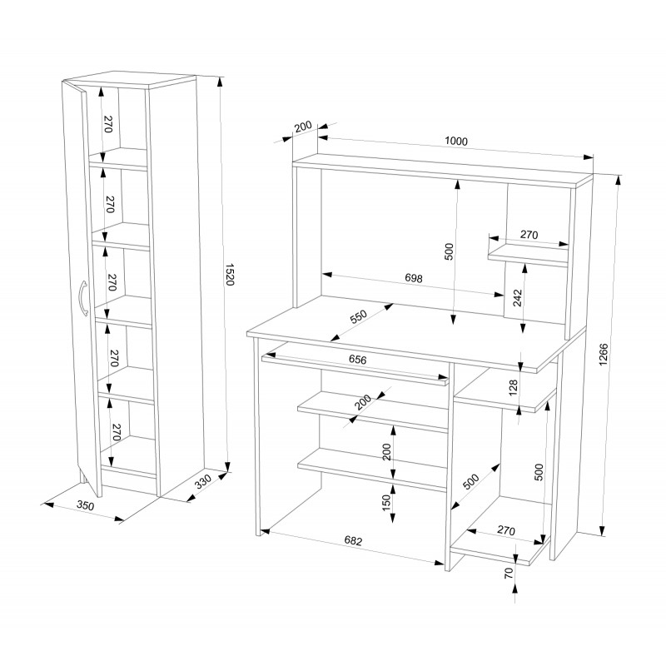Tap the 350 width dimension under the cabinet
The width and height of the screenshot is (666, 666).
[85, 505]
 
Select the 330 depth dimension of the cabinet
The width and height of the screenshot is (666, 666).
[203, 482]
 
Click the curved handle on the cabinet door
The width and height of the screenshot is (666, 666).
[83, 298]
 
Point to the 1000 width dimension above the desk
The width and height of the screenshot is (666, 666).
[456, 141]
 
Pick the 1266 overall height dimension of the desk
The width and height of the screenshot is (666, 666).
[603, 355]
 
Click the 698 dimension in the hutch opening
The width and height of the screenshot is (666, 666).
[413, 278]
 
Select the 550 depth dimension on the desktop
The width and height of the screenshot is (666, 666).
[358, 317]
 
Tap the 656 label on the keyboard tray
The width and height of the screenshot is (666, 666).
[358, 360]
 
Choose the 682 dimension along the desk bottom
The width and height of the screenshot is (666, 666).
[353, 540]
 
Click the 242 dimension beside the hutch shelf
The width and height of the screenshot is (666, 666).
[517, 298]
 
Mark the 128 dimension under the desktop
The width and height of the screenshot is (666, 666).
[514, 388]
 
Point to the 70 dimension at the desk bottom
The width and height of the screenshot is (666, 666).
[509, 573]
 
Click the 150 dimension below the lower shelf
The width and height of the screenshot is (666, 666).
[386, 503]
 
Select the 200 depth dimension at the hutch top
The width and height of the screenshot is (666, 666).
[303, 127]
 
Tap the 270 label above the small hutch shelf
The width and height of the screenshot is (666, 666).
[529, 235]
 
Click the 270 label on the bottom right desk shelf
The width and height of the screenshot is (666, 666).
[506, 530]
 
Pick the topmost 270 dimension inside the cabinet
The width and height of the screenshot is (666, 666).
[108, 124]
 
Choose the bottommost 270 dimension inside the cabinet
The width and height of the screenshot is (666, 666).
[117, 432]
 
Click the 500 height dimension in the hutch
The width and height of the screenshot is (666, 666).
[449, 251]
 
